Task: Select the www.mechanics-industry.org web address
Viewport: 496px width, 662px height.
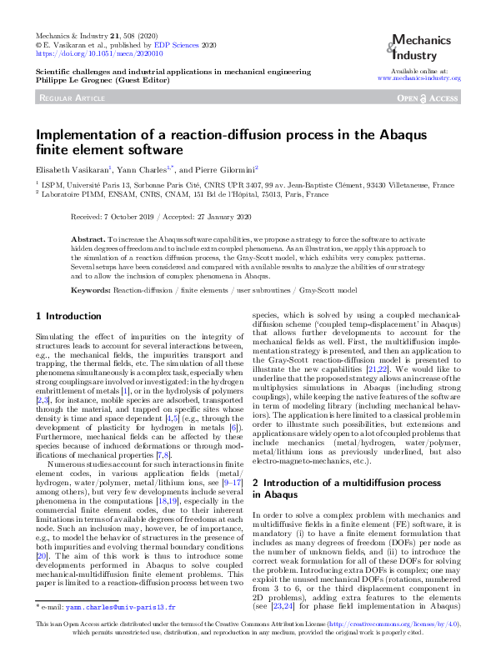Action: coord(419,78)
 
